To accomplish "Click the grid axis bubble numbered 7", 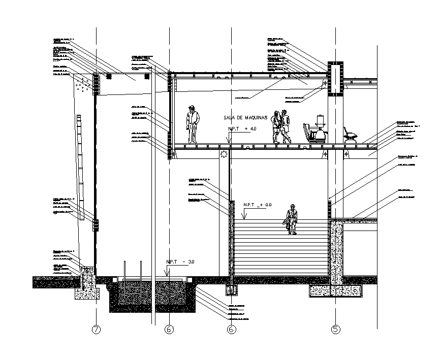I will point(96,330).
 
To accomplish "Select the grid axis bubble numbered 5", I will point(335,330).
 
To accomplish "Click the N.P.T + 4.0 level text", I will point(242,129).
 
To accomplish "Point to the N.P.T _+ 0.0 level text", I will point(258,205).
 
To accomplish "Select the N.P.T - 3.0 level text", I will point(181,262).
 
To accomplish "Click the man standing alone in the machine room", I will point(193,124).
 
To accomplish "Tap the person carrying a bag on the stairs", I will point(292,219).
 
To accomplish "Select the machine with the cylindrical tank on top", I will point(320,129).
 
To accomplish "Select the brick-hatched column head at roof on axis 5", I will point(336,78).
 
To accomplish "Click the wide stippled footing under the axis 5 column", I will point(337,291).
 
